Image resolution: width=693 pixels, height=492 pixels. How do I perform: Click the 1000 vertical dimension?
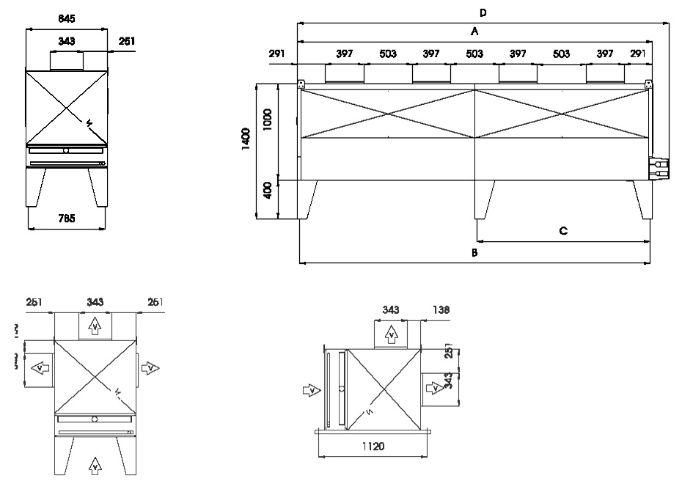[268, 120]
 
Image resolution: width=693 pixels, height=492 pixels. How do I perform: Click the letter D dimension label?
[483, 12]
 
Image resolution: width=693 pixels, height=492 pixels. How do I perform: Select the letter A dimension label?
[474, 32]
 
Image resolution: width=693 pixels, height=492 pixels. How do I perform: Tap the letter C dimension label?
[563, 231]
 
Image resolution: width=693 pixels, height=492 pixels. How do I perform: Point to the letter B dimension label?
[474, 252]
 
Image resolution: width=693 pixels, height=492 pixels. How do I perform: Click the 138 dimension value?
[441, 310]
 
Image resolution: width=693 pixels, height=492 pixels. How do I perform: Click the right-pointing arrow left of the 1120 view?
[312, 389]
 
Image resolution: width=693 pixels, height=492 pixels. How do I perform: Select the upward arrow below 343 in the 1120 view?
[392, 336]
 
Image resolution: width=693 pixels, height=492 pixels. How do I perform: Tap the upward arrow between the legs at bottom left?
[95, 464]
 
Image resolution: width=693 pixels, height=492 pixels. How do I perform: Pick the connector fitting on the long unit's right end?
[659, 169]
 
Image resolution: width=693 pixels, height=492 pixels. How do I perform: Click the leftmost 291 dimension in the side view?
[276, 54]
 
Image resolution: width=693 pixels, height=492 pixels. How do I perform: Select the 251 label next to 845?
[126, 42]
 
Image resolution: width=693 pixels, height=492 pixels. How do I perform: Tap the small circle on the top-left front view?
[67, 150]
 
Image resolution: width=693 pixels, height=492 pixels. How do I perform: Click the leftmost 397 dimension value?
[344, 54]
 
